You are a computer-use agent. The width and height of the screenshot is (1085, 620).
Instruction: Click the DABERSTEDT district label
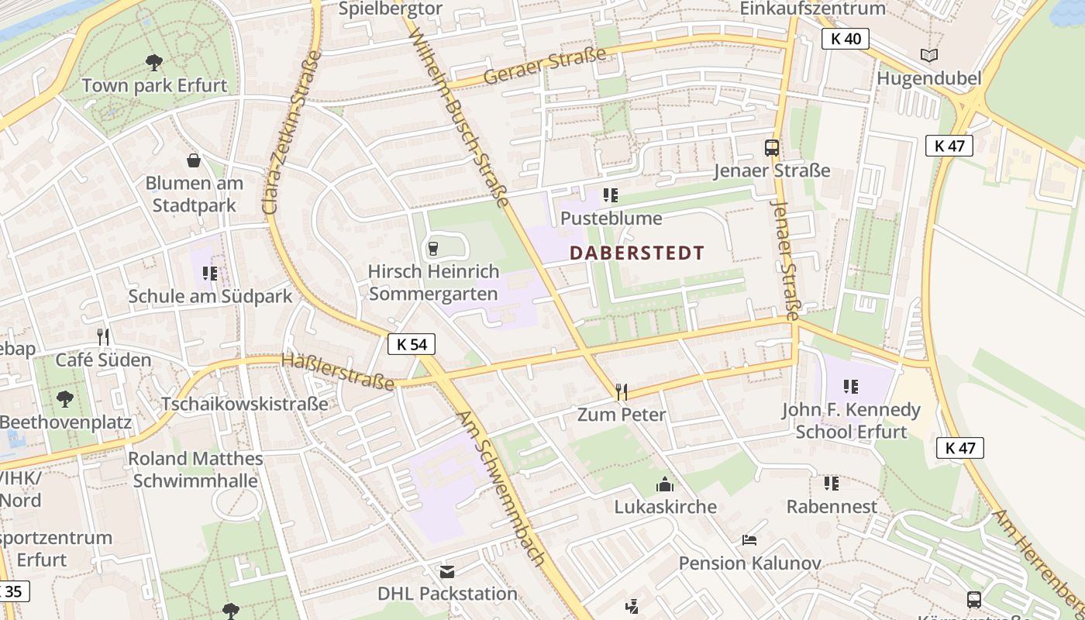pos(637,253)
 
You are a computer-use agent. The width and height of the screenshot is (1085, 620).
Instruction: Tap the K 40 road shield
pos(846,39)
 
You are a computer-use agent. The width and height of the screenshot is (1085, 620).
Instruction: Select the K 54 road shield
pos(412,344)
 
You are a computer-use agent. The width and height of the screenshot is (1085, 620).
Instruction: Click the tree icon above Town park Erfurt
pos(154,62)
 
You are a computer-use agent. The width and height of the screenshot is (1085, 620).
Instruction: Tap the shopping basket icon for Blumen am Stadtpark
pos(194,160)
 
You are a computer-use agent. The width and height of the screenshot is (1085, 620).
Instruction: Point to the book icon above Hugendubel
pos(928,55)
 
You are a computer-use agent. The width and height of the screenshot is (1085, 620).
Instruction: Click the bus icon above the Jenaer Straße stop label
pos(772,147)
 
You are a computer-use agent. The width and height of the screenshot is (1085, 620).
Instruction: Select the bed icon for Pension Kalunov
pos(749,539)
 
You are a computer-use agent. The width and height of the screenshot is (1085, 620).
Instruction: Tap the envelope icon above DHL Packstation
pos(447,572)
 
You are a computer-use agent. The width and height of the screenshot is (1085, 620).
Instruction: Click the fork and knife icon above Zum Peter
pos(621,391)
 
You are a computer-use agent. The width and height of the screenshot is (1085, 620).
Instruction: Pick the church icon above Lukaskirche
pos(665,485)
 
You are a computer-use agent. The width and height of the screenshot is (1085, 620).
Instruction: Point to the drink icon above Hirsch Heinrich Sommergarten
pos(433,249)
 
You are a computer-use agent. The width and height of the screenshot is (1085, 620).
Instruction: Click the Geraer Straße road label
pos(544,67)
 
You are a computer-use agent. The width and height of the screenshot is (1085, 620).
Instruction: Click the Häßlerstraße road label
pos(337,371)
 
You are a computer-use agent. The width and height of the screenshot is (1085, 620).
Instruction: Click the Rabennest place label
pos(832,507)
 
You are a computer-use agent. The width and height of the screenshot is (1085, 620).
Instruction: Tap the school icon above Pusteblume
pos(611,195)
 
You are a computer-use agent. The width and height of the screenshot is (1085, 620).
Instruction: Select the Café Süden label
pos(103,360)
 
